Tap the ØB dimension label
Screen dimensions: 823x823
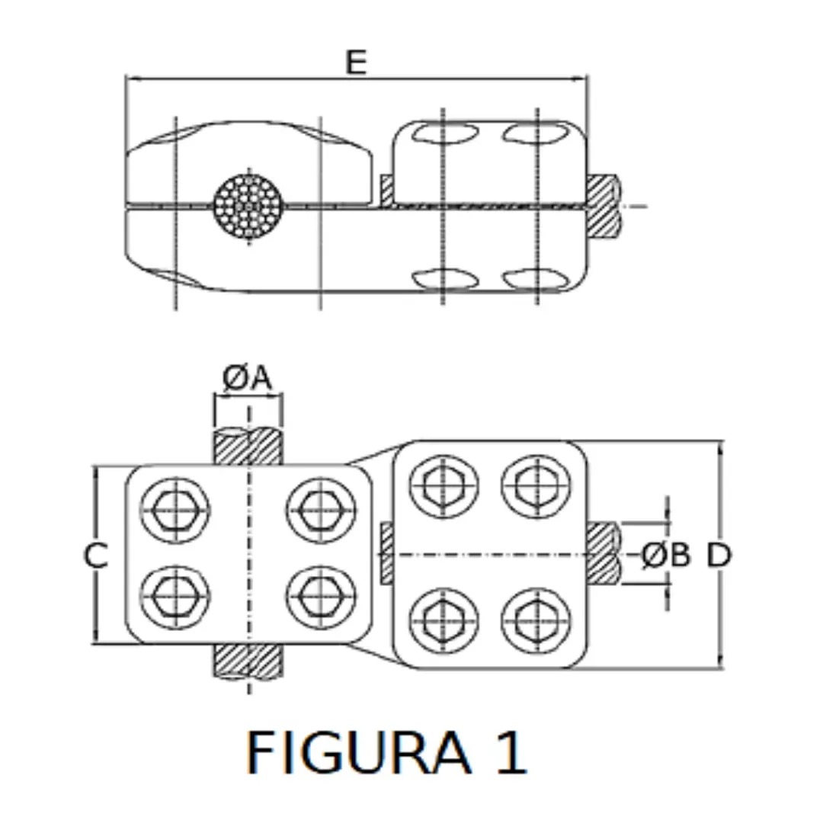click(665, 556)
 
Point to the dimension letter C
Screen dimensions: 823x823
click(94, 556)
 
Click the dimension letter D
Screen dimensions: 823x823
click(718, 556)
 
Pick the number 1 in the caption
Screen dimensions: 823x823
click(509, 752)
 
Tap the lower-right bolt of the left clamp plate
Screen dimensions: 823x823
click(320, 596)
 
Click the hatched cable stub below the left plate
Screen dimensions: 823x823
click(249, 660)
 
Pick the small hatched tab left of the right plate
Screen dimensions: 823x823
click(386, 554)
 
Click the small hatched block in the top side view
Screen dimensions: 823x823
click(386, 190)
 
